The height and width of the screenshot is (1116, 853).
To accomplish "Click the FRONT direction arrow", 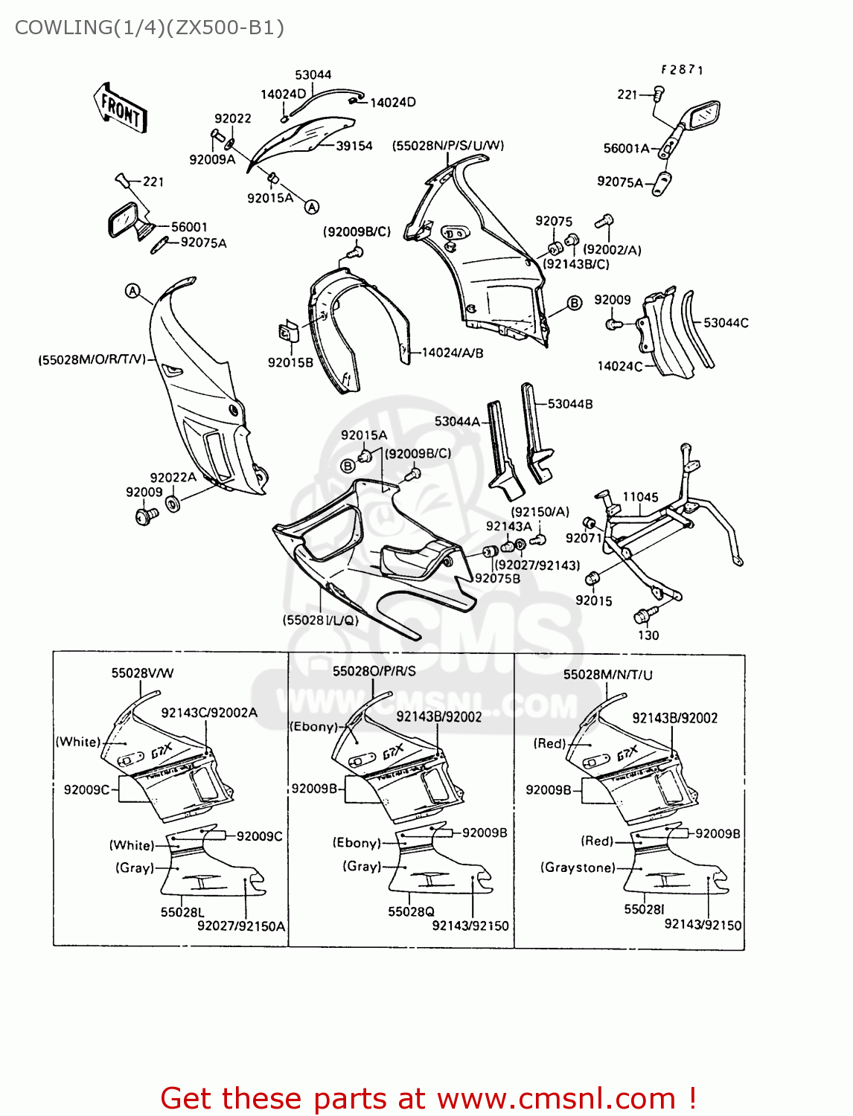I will coord(121,109).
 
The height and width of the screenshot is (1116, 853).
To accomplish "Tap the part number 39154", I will coord(354,146).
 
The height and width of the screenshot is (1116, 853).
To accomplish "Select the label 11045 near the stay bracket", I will coord(640,497).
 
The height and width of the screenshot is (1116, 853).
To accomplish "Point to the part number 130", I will coord(648,635).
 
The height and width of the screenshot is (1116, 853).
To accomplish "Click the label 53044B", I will coord(570,404).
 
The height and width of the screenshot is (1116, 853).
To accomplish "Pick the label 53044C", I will coord(726,323).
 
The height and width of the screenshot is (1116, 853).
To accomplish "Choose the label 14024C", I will coord(620,366).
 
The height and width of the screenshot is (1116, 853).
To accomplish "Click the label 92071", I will coord(584,538).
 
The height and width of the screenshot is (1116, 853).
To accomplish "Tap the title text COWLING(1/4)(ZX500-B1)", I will coord(150,28).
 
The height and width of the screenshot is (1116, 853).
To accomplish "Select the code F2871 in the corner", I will coord(682,70).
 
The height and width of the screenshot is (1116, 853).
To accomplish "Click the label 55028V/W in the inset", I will coord(142,673).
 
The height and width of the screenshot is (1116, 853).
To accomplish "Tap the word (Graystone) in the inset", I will coord(578,868).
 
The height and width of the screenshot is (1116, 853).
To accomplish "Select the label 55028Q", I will coord(411,912).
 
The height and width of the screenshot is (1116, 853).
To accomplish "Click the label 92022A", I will coord(173,478).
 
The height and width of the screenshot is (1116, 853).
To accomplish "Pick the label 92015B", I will coord(290,363).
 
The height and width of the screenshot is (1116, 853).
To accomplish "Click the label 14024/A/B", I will coord(453,353).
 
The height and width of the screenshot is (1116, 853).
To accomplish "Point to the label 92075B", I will coord(497,579).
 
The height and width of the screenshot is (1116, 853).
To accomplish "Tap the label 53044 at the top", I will coord(313,75).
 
